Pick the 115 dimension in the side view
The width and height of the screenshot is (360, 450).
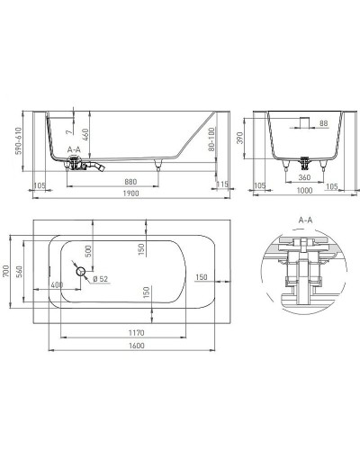223,184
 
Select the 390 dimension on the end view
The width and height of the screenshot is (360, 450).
254,137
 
